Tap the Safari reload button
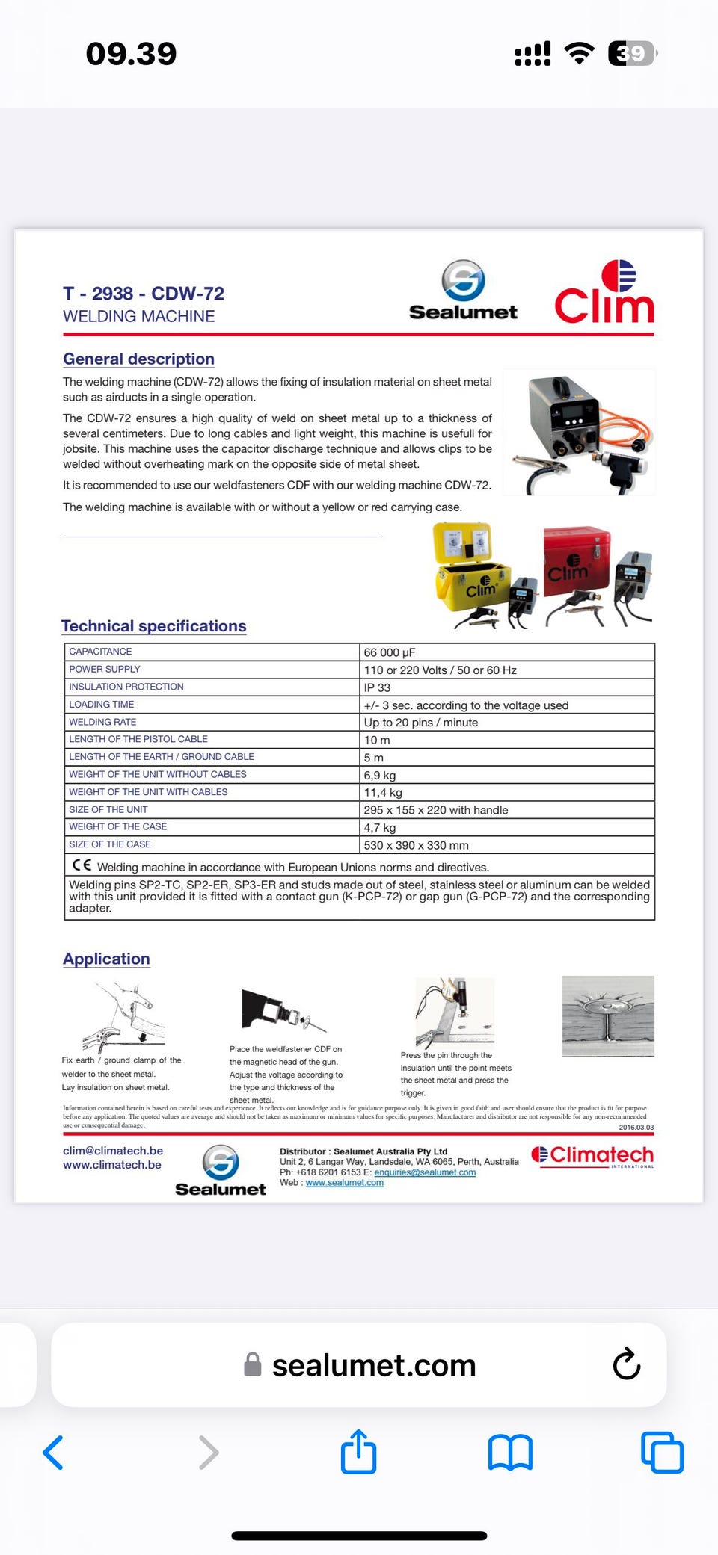coord(626,1364)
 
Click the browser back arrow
coord(53,1453)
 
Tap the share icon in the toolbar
coord(358,1452)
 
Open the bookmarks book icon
coord(510,1453)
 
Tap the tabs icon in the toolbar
coord(662,1453)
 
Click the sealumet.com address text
coord(373,1366)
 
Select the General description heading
coord(138,359)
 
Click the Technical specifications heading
coord(153,626)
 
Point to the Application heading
coord(106,959)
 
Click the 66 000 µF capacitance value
coord(390,652)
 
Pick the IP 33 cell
coord(377,687)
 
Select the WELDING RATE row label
coord(102,722)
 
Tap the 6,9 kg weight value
coord(380,775)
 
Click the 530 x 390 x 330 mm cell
coord(416,845)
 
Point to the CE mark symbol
coord(82,865)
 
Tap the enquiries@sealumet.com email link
coord(425,1172)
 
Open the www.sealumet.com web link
coord(344,1183)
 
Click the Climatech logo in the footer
coord(592,1156)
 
